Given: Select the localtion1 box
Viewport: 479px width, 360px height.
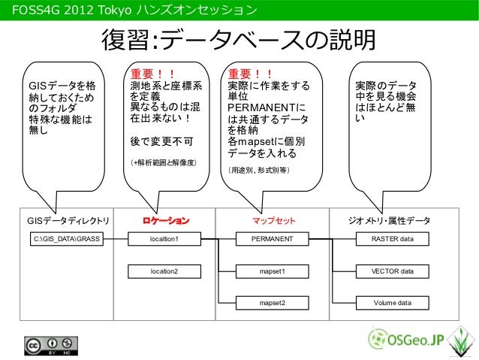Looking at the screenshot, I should pyautogui.click(x=164, y=239).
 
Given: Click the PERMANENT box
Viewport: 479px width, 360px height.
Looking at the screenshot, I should pyautogui.click(x=273, y=239).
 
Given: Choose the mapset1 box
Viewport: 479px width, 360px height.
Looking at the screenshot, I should pyautogui.click(x=273, y=271).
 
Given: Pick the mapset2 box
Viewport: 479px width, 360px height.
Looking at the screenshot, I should pyautogui.click(x=273, y=303).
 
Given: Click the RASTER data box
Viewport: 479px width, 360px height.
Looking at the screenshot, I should pyautogui.click(x=393, y=239).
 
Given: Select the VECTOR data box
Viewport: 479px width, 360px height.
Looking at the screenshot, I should pyautogui.click(x=393, y=271).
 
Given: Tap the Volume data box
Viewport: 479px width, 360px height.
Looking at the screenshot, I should pyautogui.click(x=393, y=303).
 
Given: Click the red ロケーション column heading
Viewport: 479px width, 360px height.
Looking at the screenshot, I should pyautogui.click(x=166, y=220).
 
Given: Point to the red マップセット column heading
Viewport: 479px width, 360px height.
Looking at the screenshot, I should pyautogui.click(x=273, y=220).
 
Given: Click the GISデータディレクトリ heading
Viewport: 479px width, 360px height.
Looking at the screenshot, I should pyautogui.click(x=68, y=220).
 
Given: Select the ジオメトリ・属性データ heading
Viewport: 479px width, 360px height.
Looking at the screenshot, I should pyautogui.click(x=390, y=220).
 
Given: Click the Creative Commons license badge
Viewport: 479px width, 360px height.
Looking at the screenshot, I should pyautogui.click(x=53, y=346).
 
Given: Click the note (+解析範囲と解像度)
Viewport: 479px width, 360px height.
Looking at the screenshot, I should pyautogui.click(x=164, y=162).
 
